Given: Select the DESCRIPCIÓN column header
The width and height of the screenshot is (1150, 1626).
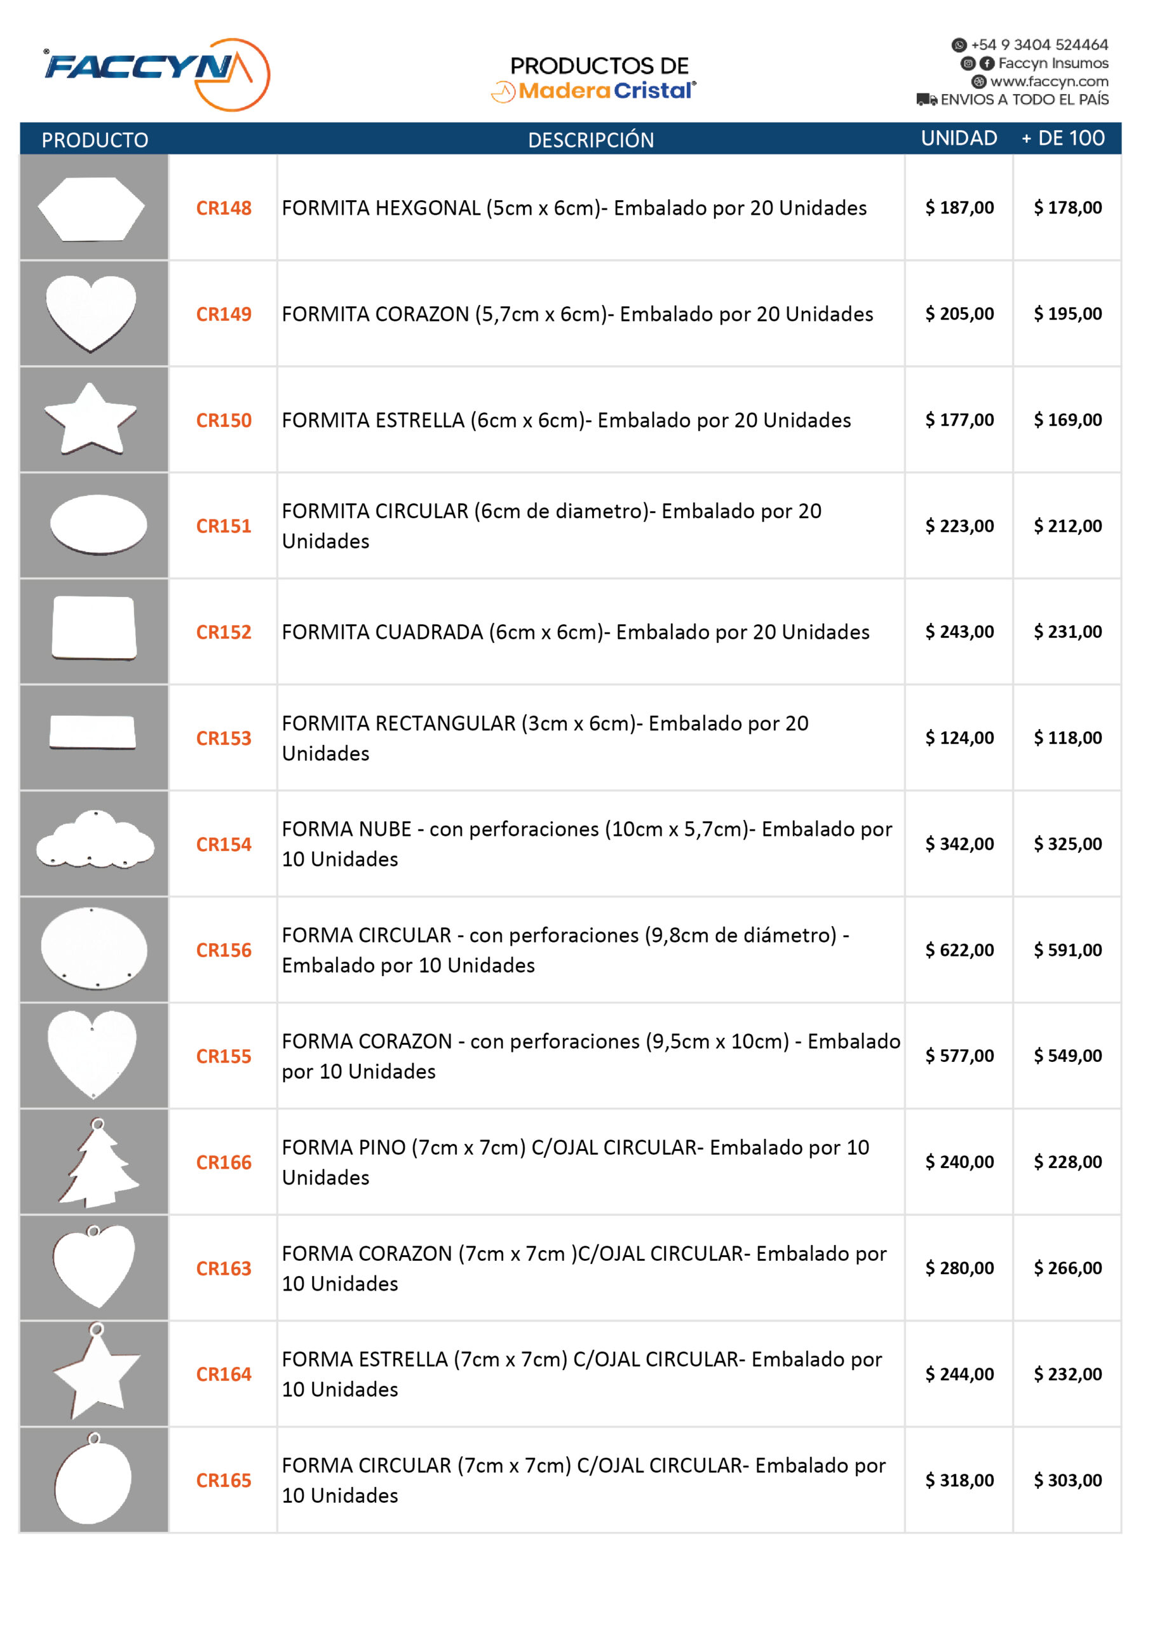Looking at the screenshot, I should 590,140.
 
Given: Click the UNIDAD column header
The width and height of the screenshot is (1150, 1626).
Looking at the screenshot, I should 958,138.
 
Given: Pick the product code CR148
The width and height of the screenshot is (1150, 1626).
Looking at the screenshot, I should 223,208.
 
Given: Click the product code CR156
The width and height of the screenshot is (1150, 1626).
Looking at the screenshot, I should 223,950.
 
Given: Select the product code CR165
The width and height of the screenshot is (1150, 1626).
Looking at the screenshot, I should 223,1480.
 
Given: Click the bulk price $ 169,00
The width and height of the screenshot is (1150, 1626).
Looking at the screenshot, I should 1067,420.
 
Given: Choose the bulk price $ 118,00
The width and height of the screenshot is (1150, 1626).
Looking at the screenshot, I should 1067,738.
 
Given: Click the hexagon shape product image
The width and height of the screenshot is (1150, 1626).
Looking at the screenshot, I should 91,208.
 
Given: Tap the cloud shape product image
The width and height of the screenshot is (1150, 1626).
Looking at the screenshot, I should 95,840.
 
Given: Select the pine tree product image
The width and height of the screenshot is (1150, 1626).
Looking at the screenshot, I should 97,1165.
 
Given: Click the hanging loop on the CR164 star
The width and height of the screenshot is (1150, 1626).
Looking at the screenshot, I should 97,1329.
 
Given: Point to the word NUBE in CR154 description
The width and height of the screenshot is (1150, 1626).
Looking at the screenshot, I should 386,830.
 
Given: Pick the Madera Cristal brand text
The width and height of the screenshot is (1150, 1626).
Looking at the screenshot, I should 606,91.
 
